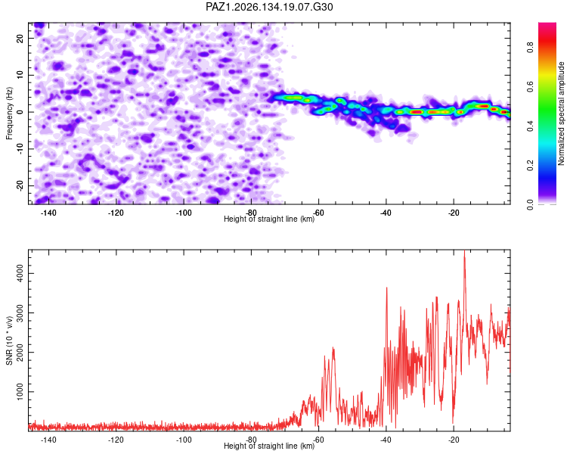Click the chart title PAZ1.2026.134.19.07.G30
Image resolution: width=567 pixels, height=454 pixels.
269,7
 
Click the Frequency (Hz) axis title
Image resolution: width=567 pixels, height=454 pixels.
9,113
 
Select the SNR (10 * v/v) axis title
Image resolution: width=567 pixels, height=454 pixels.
9,340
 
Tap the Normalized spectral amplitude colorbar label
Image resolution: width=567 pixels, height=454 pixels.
561,113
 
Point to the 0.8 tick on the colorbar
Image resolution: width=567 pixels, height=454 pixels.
530,48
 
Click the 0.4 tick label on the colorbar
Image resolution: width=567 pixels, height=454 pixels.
530,126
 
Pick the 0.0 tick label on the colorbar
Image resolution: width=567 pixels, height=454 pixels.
530,205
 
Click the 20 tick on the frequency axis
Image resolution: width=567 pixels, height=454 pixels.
20,38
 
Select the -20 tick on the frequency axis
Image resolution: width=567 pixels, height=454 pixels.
20,185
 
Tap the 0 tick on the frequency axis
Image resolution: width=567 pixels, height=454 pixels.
20,112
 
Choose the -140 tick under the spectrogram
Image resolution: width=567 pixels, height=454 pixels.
48,213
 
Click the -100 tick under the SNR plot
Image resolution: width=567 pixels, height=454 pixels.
184,440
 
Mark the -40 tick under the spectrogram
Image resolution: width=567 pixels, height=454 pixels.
386,213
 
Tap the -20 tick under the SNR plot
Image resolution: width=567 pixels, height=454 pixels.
454,440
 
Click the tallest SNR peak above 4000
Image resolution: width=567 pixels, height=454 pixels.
465,250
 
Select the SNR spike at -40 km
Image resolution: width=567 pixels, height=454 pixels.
386,288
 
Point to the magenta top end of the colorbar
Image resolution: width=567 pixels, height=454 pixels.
547,24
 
